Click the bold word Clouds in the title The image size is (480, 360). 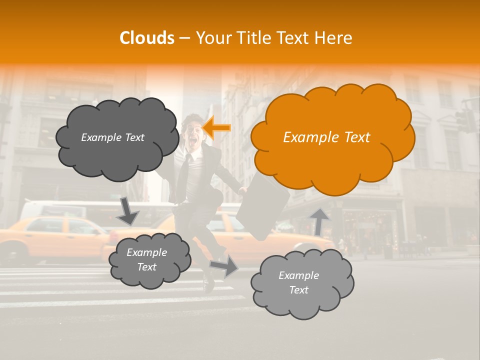(x=147, y=38)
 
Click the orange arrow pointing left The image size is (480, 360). (x=217, y=127)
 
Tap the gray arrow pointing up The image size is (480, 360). (x=318, y=220)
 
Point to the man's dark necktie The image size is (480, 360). (x=185, y=177)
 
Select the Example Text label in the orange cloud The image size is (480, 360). (x=326, y=137)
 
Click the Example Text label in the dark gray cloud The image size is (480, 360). (x=112, y=137)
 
